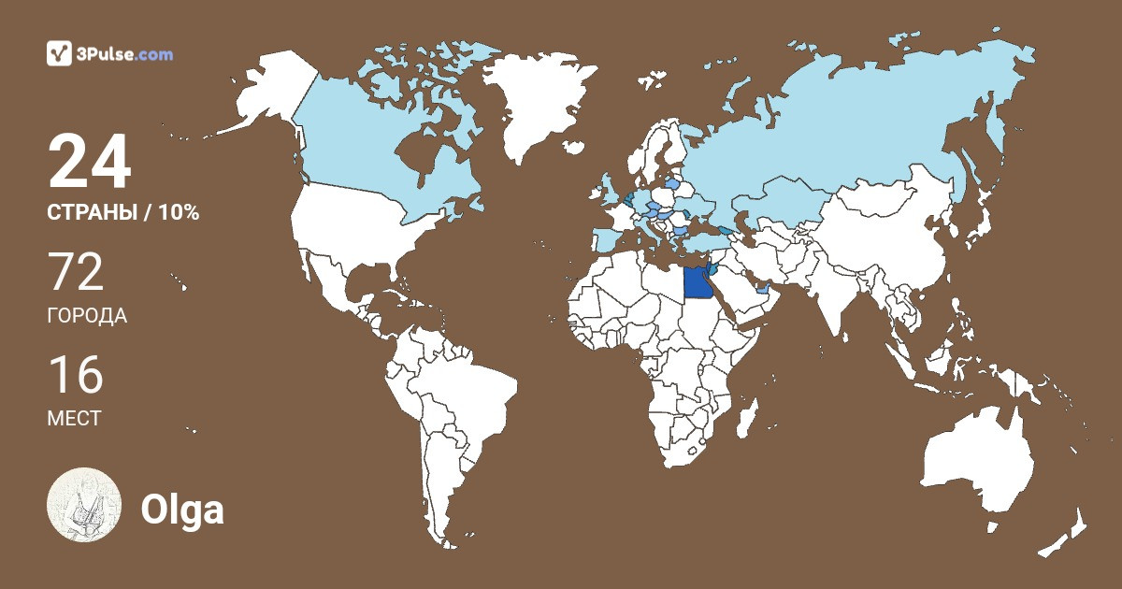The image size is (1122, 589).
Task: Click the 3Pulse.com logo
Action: [x=110, y=53]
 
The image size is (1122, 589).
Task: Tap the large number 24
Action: [x=90, y=162]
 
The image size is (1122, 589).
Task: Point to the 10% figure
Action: [x=179, y=212]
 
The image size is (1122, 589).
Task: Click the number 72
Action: [x=76, y=272]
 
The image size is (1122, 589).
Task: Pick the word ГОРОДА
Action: [x=87, y=315]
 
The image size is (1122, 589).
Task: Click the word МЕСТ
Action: [x=74, y=418]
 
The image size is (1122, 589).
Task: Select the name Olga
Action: [x=181, y=510]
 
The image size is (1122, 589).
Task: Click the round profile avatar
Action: [x=84, y=504]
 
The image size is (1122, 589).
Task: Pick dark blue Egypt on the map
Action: [x=698, y=281]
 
